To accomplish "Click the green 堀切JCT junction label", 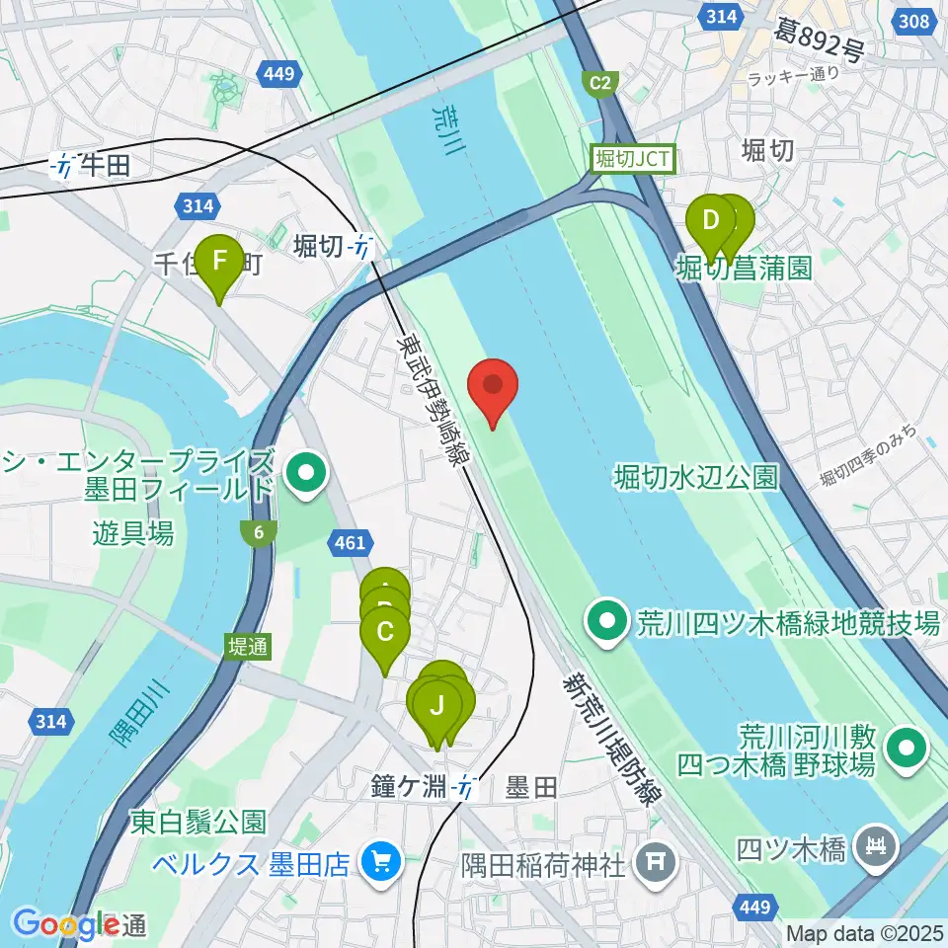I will (632, 158).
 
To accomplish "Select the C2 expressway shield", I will (599, 84).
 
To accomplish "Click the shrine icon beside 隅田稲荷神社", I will (655, 861).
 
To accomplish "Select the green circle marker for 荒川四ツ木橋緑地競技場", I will (604, 622).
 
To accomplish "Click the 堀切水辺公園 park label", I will (695, 478).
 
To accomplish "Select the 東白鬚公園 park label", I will (197, 821).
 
